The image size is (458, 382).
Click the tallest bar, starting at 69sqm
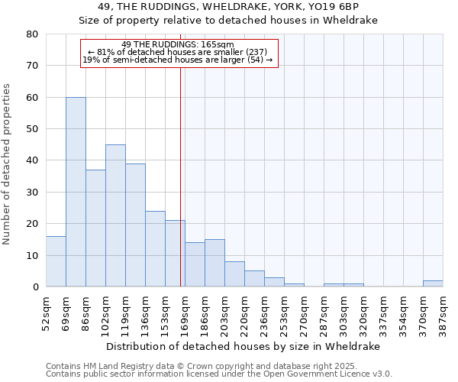click(76, 192)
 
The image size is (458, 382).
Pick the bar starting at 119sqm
click(135, 225)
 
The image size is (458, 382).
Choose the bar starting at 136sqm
click(155, 249)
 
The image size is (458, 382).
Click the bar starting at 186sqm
click(214, 264)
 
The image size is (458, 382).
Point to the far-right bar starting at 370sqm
click(433, 283)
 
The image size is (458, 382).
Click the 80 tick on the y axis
click(32, 34)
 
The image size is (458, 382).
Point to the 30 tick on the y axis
click(32, 193)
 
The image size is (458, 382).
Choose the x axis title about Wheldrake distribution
click(243, 346)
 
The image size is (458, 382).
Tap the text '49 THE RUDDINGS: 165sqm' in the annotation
click(178, 45)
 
